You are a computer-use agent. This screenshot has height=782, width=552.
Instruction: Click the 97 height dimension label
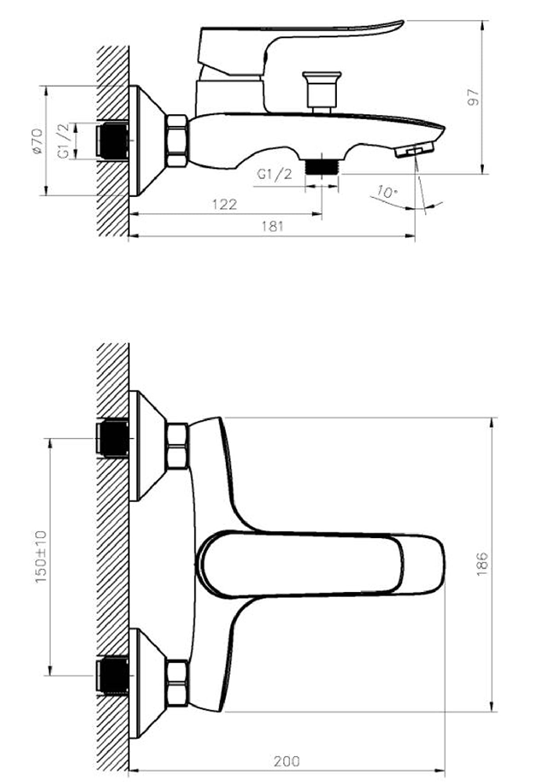[x=475, y=97]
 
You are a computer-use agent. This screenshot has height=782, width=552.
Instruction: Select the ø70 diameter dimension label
[x=37, y=141]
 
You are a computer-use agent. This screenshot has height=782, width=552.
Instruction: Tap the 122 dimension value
[x=224, y=204]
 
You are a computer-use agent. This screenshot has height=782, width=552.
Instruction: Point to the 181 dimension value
[x=272, y=226]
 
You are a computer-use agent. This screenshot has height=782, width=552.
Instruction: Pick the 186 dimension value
[x=482, y=564]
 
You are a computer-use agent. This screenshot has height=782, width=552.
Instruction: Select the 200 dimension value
[x=287, y=762]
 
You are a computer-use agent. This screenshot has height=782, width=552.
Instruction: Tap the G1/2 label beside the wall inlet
[x=64, y=141]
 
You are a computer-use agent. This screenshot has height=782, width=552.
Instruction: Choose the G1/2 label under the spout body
[x=274, y=174]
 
